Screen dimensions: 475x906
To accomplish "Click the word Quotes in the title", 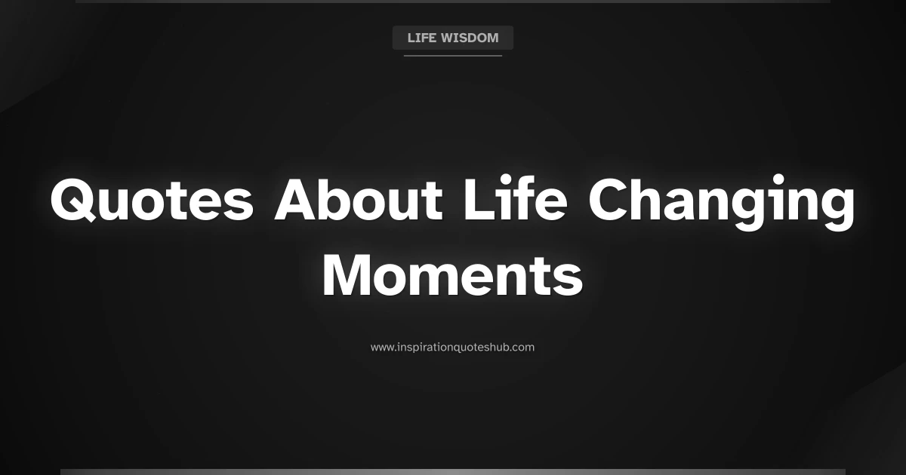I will pyautogui.click(x=152, y=201).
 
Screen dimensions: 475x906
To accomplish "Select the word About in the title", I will pyautogui.click(x=358, y=201).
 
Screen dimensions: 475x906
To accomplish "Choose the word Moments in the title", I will pyautogui.click(x=453, y=276).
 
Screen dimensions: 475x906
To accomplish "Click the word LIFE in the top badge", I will pyautogui.click(x=421, y=38).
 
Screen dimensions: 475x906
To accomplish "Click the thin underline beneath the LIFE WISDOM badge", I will pyautogui.click(x=453, y=56).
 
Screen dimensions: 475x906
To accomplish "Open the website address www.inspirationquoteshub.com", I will pyautogui.click(x=452, y=348).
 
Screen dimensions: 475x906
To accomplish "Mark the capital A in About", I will pyautogui.click(x=297, y=201).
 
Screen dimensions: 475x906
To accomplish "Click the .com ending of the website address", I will pyautogui.click(x=522, y=348).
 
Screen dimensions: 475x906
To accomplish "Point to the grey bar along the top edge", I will pyautogui.click(x=453, y=2).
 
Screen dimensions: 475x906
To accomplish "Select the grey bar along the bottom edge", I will pyautogui.click(x=453, y=472).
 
